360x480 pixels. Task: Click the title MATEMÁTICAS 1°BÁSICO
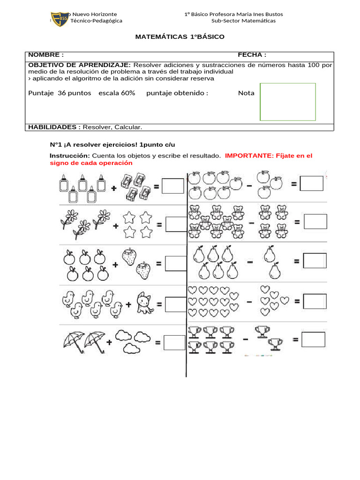point(180,37)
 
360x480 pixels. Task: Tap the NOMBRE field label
point(46,55)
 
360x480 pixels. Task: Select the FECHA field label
point(252,55)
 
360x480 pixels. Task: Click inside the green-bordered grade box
point(288,102)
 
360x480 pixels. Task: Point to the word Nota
point(246,93)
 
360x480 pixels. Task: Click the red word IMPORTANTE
point(247,156)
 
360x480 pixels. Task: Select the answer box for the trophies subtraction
point(313,339)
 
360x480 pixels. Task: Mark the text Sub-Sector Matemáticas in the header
point(243,21)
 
